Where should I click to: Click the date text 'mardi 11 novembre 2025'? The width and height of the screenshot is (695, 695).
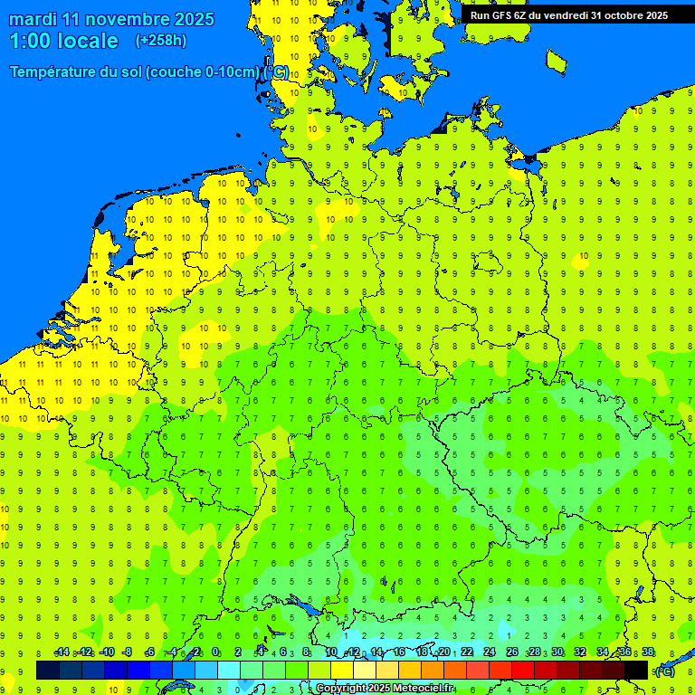coord(111,19)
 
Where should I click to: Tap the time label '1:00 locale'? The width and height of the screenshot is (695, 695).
coord(64,41)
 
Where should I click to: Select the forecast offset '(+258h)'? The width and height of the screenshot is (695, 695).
coord(161,41)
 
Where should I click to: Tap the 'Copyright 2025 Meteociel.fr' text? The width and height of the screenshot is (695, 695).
coord(385,689)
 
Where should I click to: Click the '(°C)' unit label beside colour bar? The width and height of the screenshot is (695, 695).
coord(663,671)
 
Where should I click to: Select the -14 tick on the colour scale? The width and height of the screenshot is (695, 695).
coord(62,652)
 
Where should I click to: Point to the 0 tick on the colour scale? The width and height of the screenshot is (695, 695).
coord(215,652)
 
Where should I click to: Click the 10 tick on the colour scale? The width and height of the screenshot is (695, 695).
coord(331,652)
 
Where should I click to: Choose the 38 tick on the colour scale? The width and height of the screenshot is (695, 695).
coord(648,652)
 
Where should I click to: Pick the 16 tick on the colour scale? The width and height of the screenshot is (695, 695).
coord(399,652)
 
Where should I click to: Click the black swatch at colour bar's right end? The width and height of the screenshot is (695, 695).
coord(636,671)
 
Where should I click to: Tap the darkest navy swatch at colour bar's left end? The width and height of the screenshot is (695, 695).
coord(48,671)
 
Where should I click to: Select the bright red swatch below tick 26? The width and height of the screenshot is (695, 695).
coord(523,671)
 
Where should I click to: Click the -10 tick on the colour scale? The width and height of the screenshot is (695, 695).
coord(107,652)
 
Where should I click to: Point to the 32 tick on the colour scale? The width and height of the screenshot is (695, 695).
coord(580,652)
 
